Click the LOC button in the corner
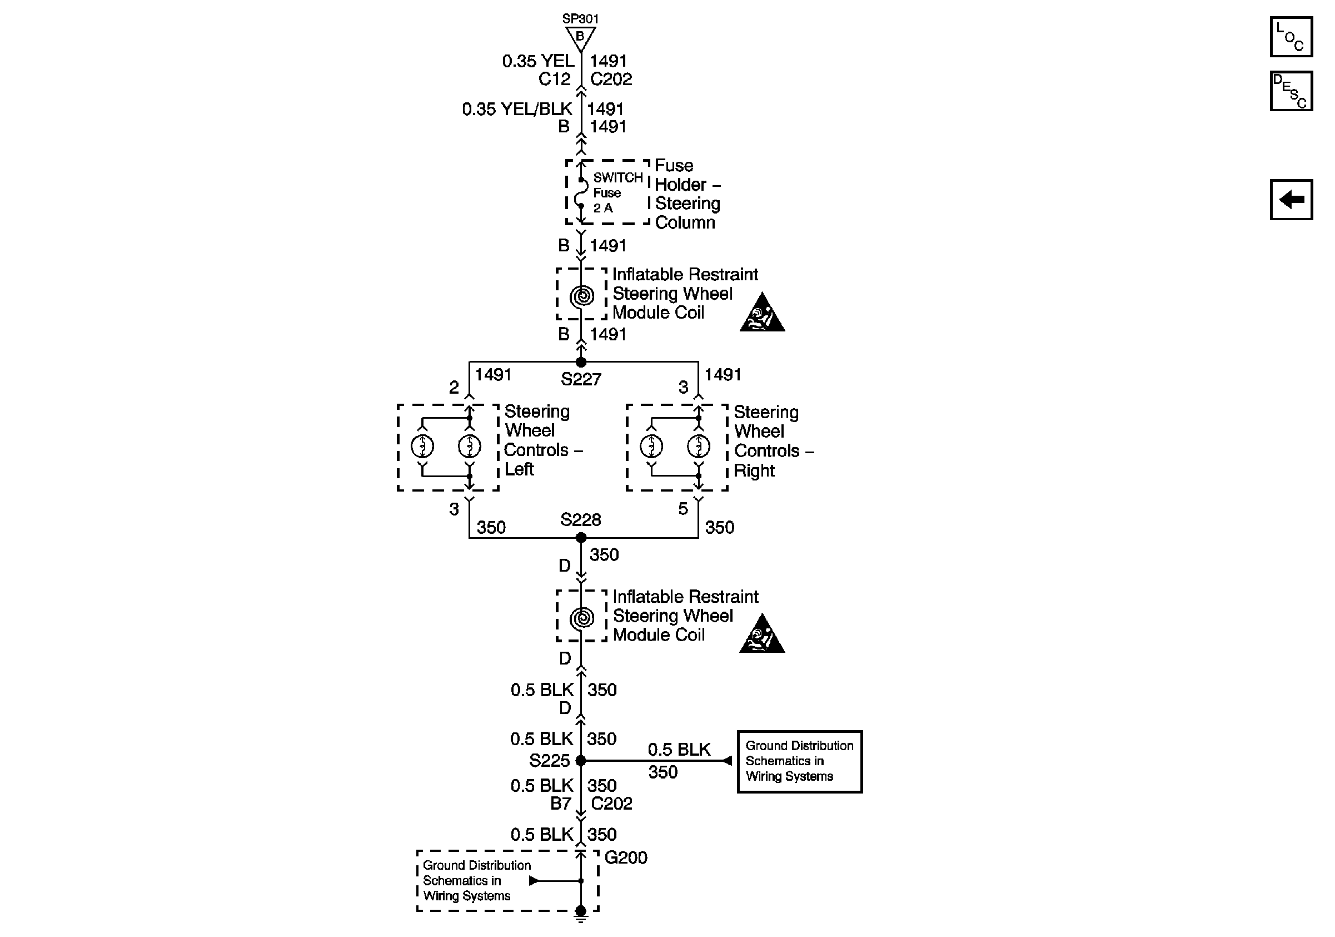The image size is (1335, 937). tap(1290, 37)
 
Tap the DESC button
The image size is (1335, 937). tap(1290, 91)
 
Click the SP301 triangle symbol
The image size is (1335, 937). tap(580, 38)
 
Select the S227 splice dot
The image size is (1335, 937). tap(580, 362)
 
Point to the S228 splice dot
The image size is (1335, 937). tap(581, 537)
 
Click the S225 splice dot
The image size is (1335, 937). tap(580, 760)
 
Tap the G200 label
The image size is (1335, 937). tap(626, 857)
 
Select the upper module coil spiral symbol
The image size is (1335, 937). tap(581, 296)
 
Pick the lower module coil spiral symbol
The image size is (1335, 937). tap(581, 618)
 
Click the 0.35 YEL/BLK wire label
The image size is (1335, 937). tap(517, 109)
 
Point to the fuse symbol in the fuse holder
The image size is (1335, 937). tap(580, 193)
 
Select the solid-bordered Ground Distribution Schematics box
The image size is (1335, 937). tap(799, 761)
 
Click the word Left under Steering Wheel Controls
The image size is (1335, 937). tap(519, 469)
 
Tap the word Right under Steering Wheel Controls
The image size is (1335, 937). tap(754, 470)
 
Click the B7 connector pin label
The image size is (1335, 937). tap(561, 803)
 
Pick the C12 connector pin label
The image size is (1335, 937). tap(554, 79)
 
